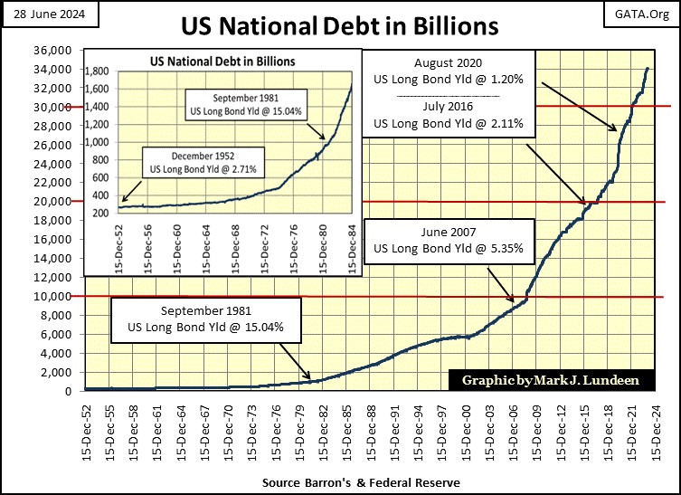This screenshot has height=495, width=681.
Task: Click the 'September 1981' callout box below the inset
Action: tap(203, 317)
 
